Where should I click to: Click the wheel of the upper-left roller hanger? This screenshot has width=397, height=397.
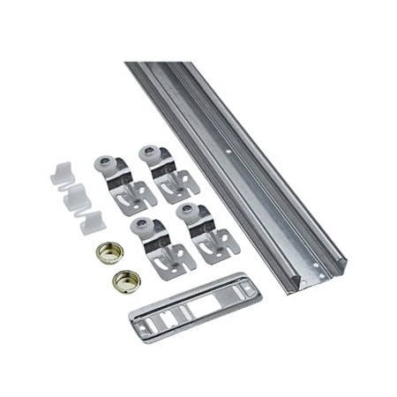point(103,163)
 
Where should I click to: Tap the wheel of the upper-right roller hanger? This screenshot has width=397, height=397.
point(148,153)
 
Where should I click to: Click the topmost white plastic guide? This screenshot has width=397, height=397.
point(60,172)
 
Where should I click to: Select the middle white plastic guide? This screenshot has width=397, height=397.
point(77,198)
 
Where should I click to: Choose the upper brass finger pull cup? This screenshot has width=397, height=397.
point(108,251)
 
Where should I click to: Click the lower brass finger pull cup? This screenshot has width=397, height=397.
point(126,281)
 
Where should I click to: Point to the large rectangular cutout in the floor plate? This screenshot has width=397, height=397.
point(201,307)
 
